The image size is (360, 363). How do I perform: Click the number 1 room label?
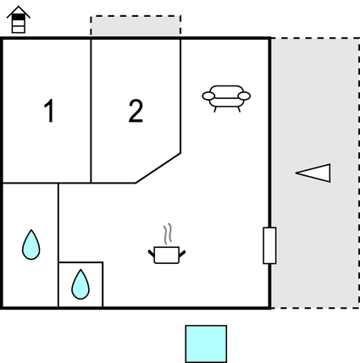point(49,111)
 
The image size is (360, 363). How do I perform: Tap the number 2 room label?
point(136,111)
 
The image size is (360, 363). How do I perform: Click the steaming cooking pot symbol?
point(167,244)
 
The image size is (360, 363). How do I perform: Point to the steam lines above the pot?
point(168,234)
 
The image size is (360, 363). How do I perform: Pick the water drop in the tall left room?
point(31,245)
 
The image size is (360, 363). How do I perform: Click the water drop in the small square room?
point(80,284)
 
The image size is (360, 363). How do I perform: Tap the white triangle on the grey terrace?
point(313,173)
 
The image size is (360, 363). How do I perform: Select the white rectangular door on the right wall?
point(269,245)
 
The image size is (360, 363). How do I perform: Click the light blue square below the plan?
point(206,344)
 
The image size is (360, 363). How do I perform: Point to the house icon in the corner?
point(19,19)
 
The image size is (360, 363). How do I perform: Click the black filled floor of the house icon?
point(19,17)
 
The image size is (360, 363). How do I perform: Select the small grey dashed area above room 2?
point(136,26)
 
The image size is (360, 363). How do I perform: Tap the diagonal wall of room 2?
point(158,168)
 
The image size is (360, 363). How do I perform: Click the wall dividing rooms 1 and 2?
point(91,111)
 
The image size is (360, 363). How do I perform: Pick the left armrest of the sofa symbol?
point(208,96)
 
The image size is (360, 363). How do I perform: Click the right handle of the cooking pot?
point(182,254)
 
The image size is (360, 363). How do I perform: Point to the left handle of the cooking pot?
point(152,253)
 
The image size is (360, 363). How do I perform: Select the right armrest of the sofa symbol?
point(244,96)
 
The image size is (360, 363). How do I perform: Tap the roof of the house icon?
point(19,11)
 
